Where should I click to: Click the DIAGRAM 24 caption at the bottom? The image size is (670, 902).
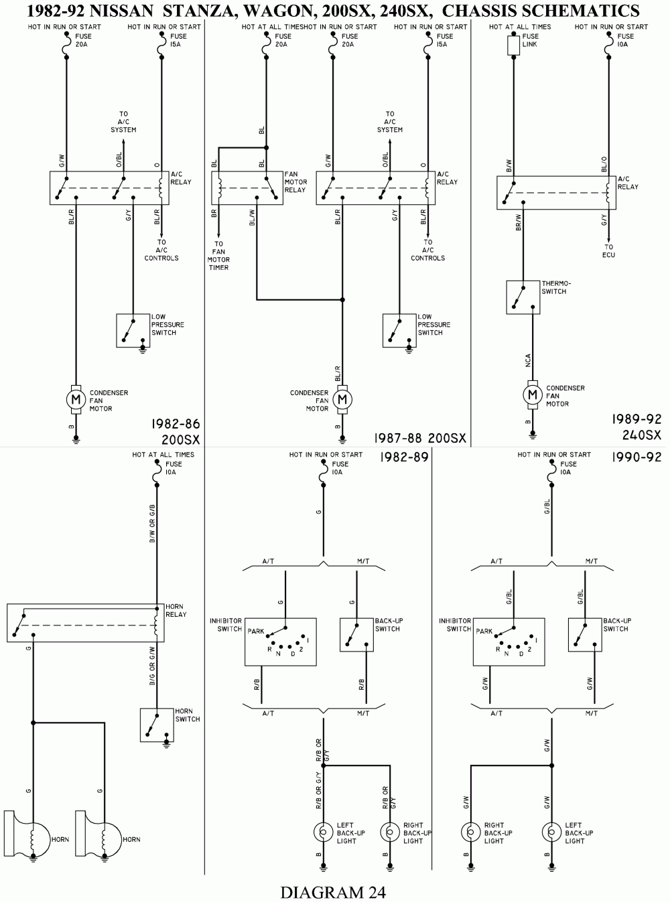pos(333,891)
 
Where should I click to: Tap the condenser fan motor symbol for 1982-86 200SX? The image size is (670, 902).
pos(75,400)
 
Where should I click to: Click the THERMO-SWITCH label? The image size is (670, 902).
pos(556,287)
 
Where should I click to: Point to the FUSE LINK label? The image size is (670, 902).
pos(531,40)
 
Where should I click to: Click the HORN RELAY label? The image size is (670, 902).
pos(176,610)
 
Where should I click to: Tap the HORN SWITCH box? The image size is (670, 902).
pos(157,725)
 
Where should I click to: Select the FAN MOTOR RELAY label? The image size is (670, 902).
pos(295,182)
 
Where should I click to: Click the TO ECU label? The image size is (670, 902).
pos(608,250)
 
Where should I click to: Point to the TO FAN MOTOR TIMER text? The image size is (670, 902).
pos(218,256)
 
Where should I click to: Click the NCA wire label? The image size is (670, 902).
pos(528,360)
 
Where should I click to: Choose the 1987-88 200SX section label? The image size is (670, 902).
pos(420,438)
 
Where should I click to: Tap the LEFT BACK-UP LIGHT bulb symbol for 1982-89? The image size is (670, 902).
pos(323,832)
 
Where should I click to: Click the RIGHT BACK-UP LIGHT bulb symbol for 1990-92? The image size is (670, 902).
pos(470,832)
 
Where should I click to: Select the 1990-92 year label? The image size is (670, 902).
pos(636,457)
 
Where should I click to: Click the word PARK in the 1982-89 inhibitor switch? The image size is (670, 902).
pos(255,631)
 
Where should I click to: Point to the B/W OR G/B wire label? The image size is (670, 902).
pos(152,522)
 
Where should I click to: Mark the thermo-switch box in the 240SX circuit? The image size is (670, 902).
pos(523,297)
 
